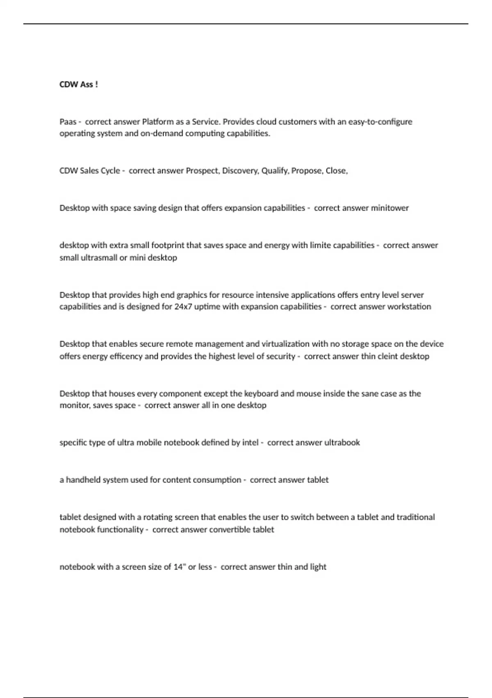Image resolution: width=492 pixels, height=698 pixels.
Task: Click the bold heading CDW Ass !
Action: click(79, 85)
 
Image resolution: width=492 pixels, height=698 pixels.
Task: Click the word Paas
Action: click(68, 122)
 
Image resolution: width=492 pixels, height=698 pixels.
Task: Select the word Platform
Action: click(157, 122)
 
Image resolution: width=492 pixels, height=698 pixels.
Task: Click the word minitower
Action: click(390, 208)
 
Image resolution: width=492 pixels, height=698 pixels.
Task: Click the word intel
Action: click(250, 443)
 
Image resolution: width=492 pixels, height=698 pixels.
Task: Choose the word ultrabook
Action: click(342, 443)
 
